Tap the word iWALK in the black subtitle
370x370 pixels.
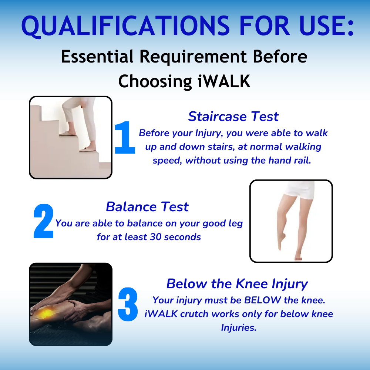pos(224,81)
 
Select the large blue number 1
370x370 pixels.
pos(125,138)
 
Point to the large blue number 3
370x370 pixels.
pos(128,305)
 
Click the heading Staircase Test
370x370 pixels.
pos(233,116)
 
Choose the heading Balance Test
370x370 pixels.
pos(147,207)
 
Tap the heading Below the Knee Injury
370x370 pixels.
pos(237,284)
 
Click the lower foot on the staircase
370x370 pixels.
pos(88,149)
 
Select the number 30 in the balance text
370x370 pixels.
pos(155,237)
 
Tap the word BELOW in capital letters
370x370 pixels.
pos(263,300)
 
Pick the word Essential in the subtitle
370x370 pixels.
pos(97,57)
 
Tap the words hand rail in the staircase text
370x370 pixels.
pos(290,161)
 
